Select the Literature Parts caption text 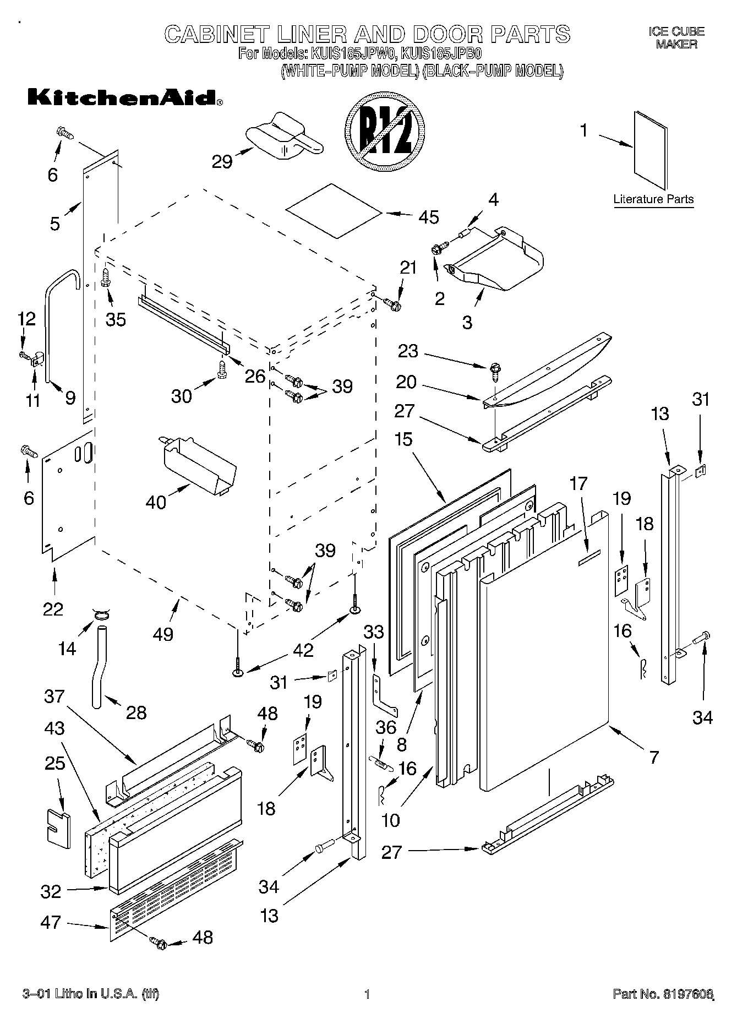[x=653, y=199]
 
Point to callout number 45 [x=428, y=217]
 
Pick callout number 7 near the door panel [x=653, y=757]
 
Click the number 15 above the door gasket [x=403, y=439]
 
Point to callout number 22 [x=53, y=608]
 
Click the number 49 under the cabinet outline [x=163, y=634]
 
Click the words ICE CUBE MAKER [x=676, y=38]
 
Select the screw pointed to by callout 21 [x=392, y=302]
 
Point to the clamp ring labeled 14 [x=100, y=613]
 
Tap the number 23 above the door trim [x=408, y=351]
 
